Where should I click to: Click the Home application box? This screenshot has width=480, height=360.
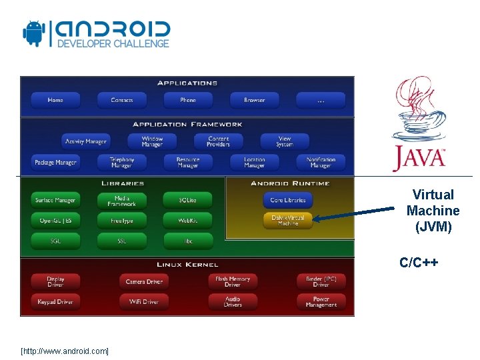pos(55,101)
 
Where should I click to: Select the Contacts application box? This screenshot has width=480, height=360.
pos(121,101)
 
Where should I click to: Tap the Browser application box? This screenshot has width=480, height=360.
pos(254,101)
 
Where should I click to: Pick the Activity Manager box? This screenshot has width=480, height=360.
pos(85,141)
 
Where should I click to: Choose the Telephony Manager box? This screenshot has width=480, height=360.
pos(121,162)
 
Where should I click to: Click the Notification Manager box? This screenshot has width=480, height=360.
pos(321,162)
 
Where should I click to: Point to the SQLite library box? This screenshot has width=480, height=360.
pos(187,200)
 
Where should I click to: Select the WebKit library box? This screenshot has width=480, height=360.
pos(187,220)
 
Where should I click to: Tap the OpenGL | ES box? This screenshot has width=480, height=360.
pos(55,220)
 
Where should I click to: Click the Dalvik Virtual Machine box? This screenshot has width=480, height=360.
pos(287,220)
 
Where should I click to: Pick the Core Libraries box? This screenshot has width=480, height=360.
pos(287,200)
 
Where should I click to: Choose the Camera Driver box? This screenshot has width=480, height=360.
pos(144,281)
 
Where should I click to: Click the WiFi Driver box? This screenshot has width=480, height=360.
pos(144,301)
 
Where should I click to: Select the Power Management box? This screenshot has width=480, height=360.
pos(321,301)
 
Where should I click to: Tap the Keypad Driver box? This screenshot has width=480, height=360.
pos(55,301)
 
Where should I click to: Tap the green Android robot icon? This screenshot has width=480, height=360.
pos(33,33)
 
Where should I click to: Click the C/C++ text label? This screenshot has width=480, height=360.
pos(419,262)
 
